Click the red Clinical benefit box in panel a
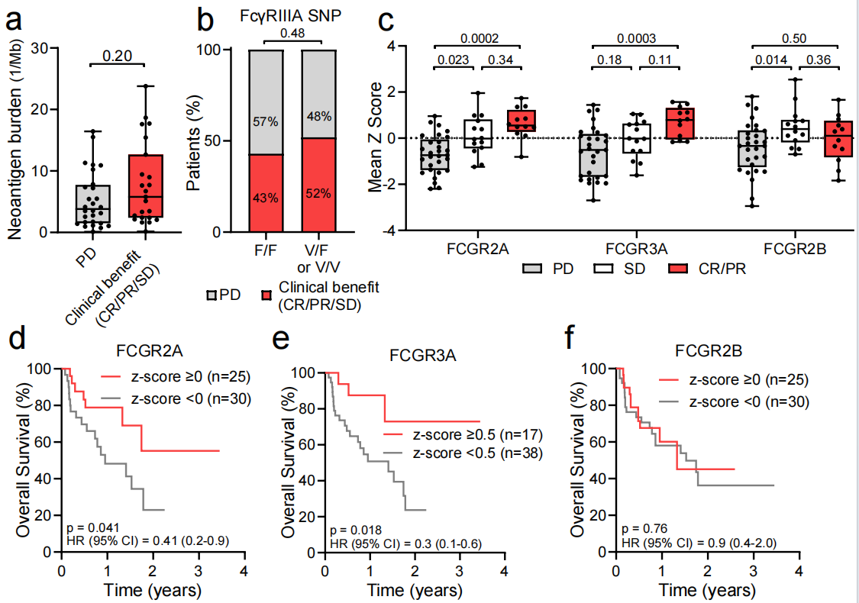(145, 187)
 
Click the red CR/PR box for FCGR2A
(523, 121)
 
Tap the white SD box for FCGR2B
(795, 131)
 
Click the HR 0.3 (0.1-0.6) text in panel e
(392, 542)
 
